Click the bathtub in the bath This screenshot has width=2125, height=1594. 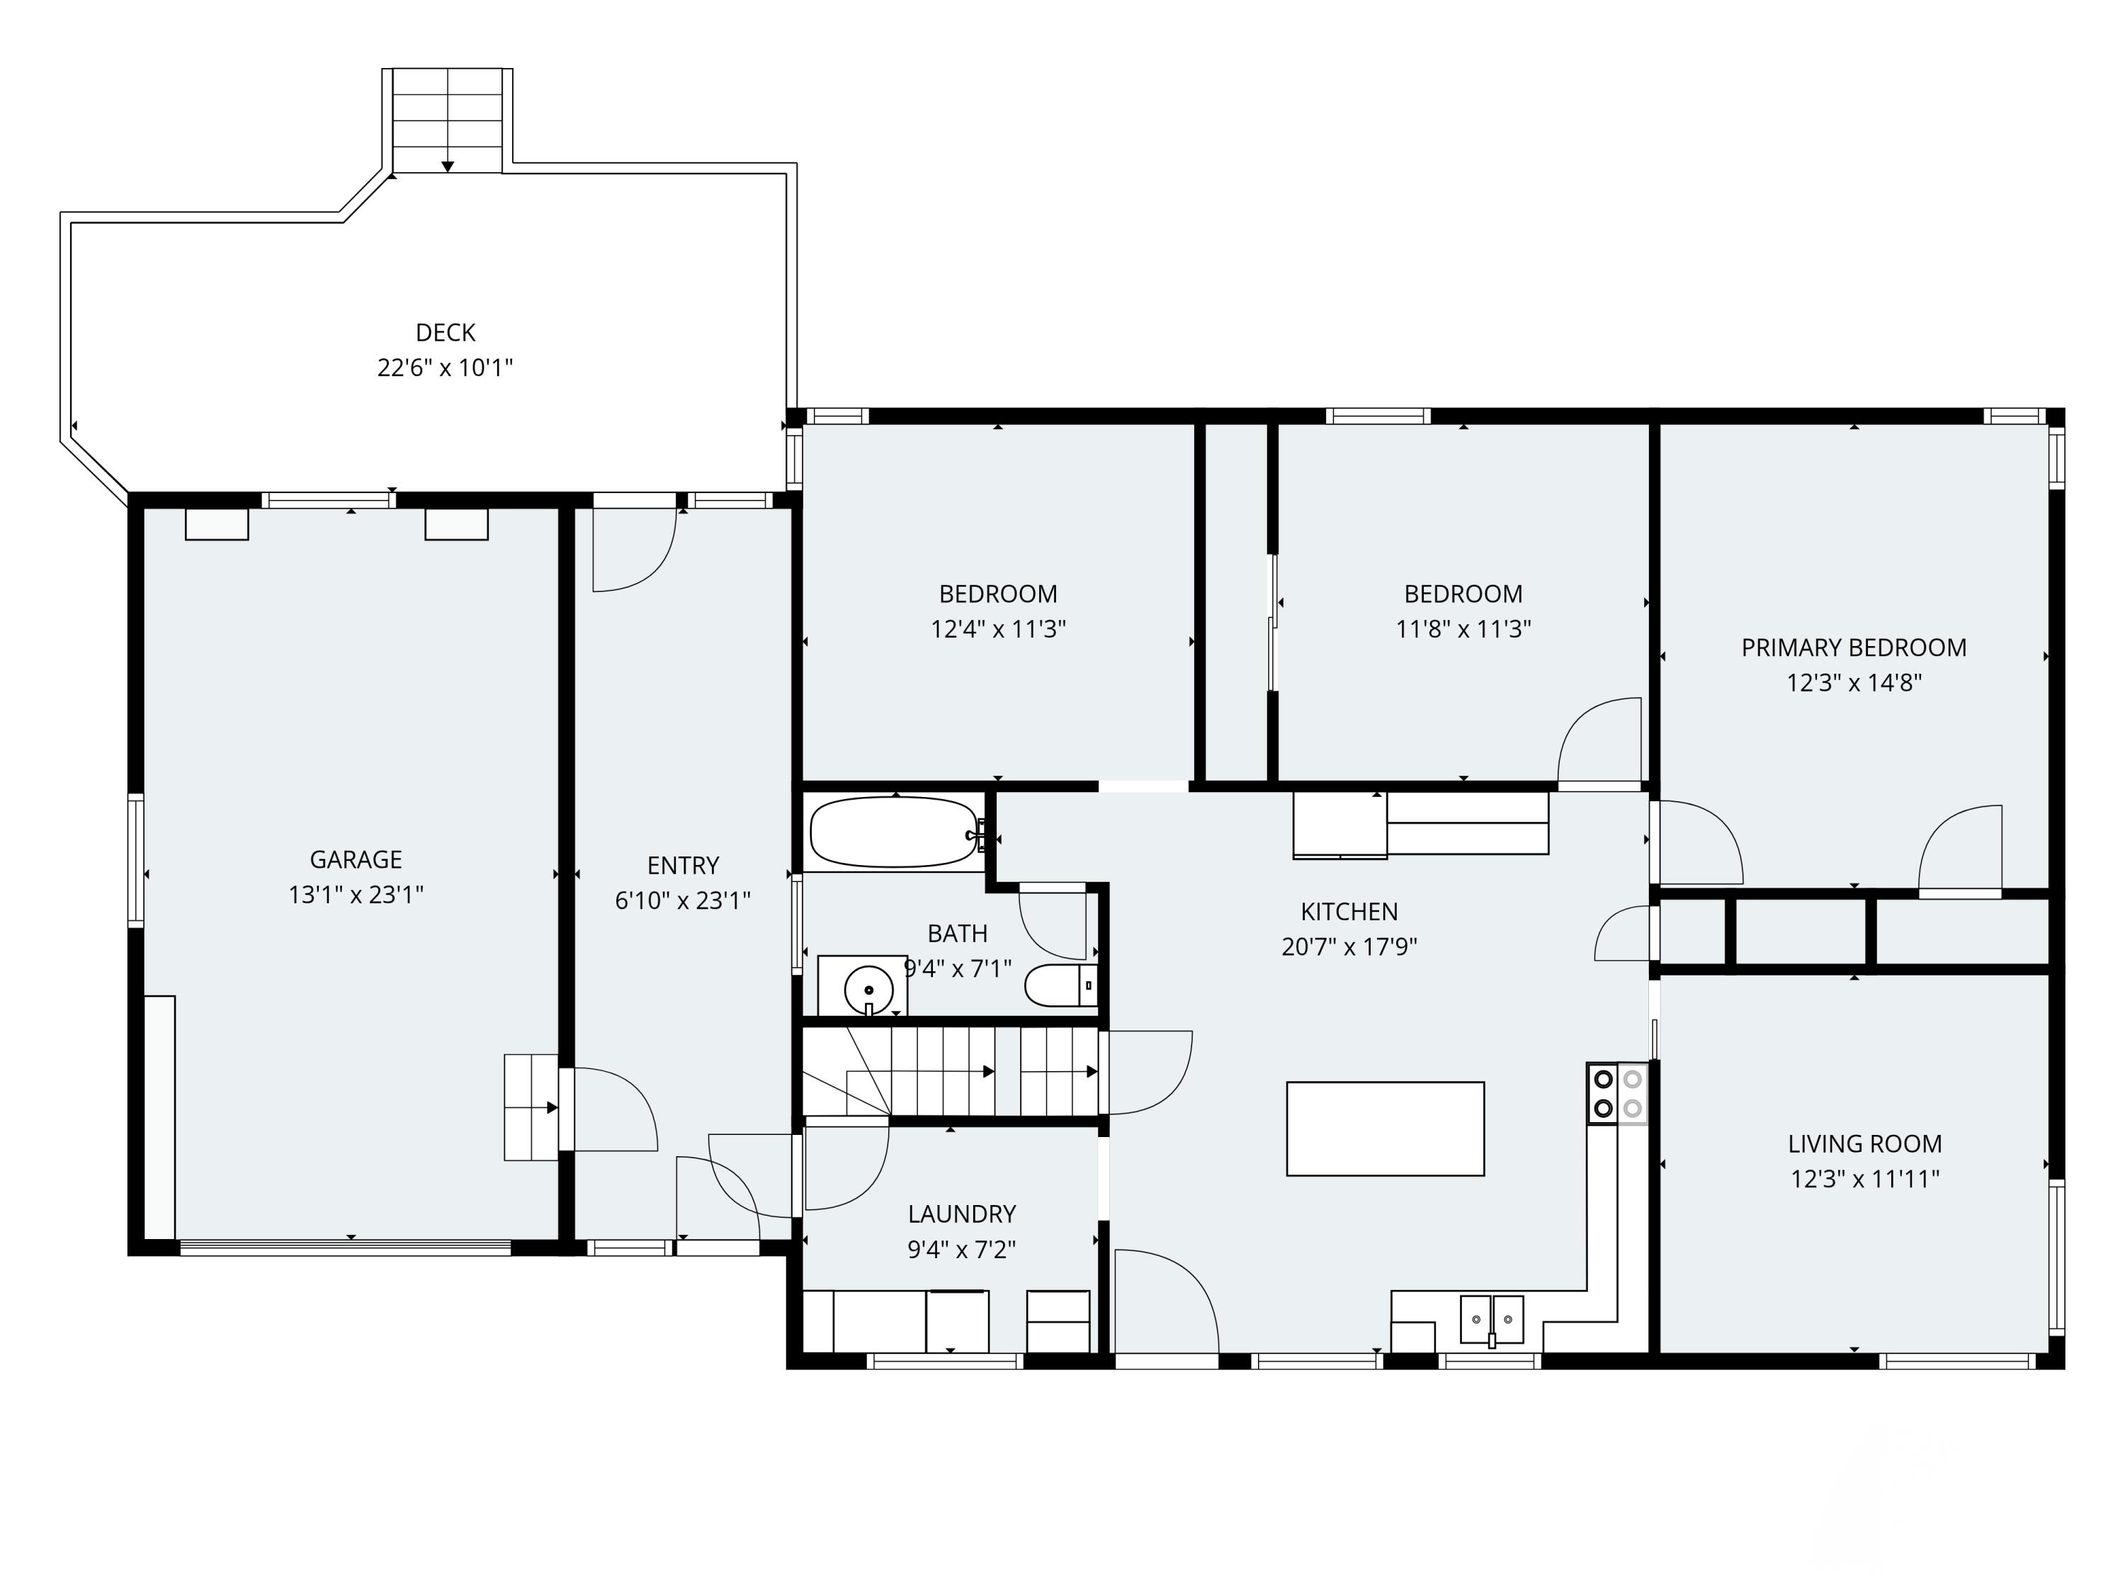[893, 832]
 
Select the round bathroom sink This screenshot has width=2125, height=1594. [868, 989]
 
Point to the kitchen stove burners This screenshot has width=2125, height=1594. [1617, 1093]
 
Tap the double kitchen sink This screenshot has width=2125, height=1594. [1491, 1318]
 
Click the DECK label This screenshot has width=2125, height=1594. [445, 332]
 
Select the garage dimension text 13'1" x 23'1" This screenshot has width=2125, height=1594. [356, 895]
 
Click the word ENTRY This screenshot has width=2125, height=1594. [682, 866]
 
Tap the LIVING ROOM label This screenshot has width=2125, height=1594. [1864, 1143]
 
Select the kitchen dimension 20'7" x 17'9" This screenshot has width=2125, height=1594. [1348, 946]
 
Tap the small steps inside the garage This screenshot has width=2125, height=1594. [531, 1107]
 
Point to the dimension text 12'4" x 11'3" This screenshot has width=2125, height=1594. [997, 629]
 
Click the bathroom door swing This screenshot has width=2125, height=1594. [1053, 922]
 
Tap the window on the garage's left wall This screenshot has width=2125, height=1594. [137, 860]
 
